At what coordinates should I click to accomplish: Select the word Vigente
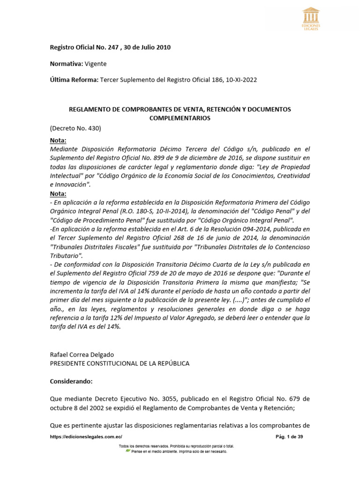coord(96,64)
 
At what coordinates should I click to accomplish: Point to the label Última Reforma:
coord(74,80)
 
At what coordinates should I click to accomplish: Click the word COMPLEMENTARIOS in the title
coord(180,119)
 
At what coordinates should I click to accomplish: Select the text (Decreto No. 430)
coord(75,128)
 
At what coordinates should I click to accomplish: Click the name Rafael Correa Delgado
coord(82,354)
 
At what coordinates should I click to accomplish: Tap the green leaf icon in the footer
coord(127,451)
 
